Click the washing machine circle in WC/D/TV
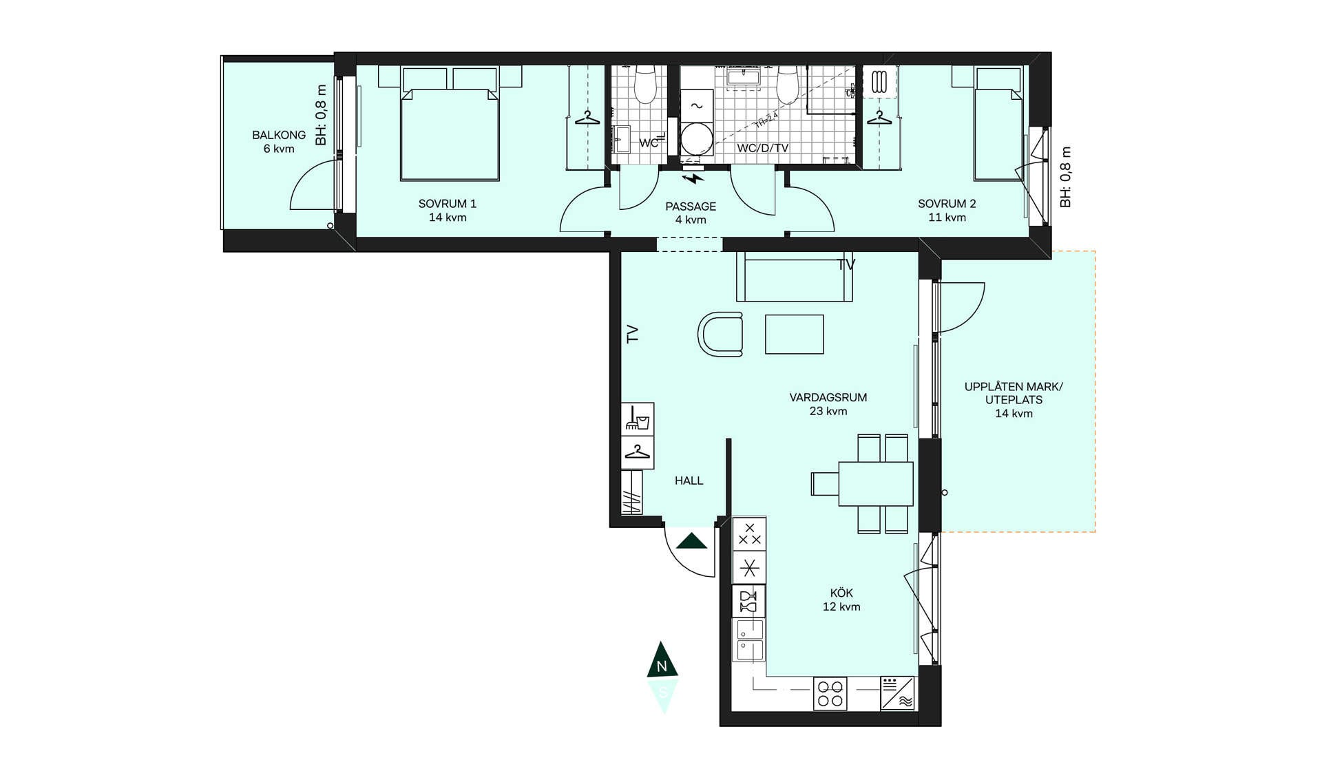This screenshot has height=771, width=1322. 696,140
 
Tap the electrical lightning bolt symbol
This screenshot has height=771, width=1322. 694,179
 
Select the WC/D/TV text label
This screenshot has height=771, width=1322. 762,148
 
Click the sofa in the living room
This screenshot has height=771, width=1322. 795,277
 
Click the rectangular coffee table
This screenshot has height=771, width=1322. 795,334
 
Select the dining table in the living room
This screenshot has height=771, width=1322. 876,483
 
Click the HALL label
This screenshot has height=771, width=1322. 689,480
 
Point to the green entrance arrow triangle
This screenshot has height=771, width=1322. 692,541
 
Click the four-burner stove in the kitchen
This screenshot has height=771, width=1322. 830,693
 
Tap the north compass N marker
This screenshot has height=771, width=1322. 662,661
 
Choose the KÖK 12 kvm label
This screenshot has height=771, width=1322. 841,600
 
